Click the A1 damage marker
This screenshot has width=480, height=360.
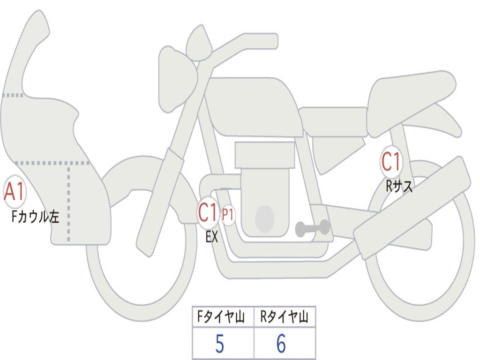(x=15, y=192)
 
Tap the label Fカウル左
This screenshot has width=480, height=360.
(x=35, y=217)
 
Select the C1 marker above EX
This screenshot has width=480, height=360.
(x=208, y=213)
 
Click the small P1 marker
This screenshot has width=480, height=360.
(x=228, y=215)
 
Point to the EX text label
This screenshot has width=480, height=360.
(x=212, y=237)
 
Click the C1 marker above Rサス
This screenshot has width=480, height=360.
(x=391, y=161)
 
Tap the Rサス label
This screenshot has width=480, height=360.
(x=399, y=186)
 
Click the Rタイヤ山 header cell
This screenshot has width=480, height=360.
(x=285, y=317)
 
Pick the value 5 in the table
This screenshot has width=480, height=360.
(x=220, y=344)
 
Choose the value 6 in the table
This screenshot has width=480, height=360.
(x=281, y=344)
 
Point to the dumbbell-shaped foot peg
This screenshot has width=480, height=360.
(x=312, y=228)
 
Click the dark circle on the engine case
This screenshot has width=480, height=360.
(x=265, y=218)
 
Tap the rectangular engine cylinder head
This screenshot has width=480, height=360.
(x=265, y=155)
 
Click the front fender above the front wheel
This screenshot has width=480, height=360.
(x=144, y=178)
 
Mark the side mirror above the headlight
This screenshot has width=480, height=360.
(x=199, y=43)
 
